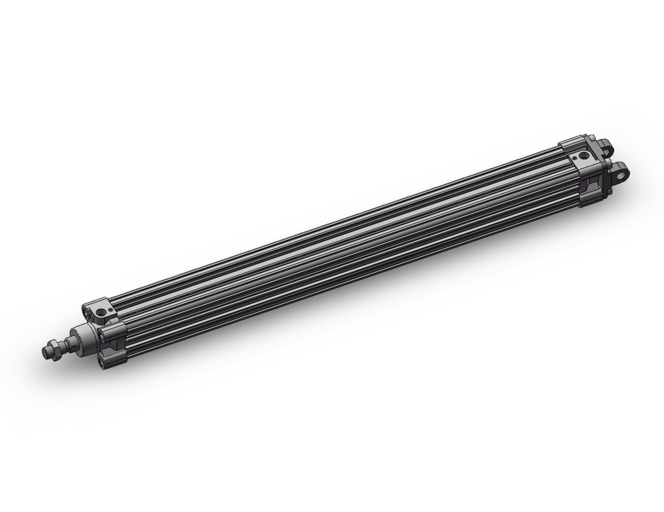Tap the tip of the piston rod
(x=45, y=353)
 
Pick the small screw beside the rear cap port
(x=576, y=159)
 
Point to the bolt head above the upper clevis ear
(x=600, y=141)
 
